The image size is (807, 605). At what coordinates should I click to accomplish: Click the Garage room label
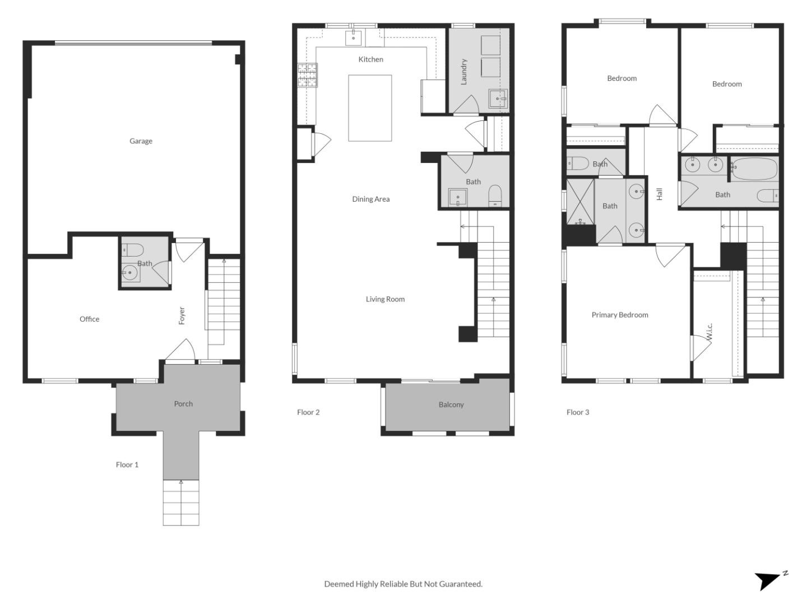click(141, 141)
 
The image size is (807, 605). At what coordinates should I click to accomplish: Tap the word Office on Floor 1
click(89, 319)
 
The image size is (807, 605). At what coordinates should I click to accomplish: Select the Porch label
click(183, 404)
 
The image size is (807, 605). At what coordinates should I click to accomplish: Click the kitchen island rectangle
click(370, 108)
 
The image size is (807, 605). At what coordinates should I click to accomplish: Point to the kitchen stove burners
click(307, 75)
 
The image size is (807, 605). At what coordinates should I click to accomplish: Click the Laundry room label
click(463, 72)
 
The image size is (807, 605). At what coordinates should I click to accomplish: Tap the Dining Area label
click(370, 199)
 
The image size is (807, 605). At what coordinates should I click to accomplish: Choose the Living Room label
click(385, 299)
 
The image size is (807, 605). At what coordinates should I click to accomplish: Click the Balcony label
click(451, 404)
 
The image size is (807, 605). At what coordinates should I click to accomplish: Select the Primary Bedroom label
click(619, 315)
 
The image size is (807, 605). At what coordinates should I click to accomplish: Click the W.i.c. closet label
click(709, 331)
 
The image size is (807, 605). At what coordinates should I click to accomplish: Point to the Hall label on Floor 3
click(659, 194)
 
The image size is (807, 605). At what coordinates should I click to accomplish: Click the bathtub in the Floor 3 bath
click(754, 169)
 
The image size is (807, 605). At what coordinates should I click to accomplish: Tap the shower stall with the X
click(580, 202)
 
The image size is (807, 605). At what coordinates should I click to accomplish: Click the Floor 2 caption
click(308, 412)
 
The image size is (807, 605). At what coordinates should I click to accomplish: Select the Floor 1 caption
click(127, 465)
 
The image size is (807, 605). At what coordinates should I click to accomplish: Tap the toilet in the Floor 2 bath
click(495, 196)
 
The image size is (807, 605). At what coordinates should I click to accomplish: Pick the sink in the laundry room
click(498, 99)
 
